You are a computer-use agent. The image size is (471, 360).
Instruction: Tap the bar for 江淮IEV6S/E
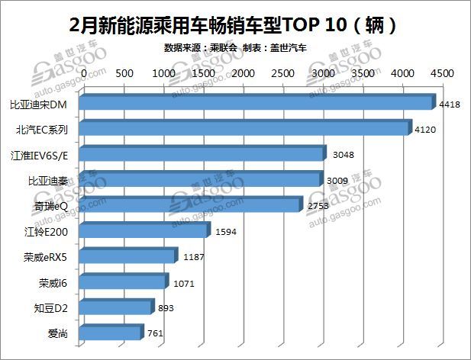click(202, 155)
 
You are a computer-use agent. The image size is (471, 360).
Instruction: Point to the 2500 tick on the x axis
click(282, 74)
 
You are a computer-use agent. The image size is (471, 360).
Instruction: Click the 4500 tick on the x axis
click(443, 74)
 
